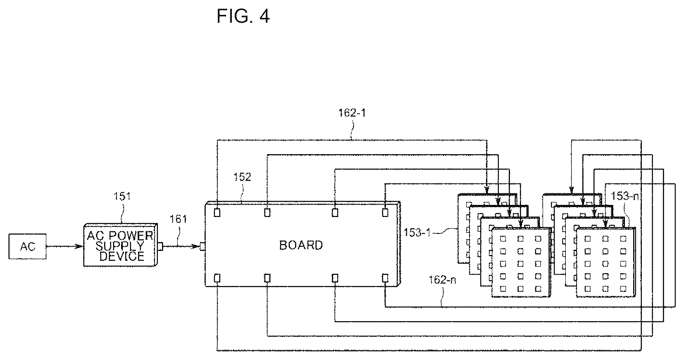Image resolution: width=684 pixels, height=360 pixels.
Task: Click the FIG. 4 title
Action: (x=243, y=16)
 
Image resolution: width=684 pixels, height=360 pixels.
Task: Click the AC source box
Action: (x=27, y=246)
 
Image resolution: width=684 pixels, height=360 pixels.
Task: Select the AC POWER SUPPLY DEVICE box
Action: (x=121, y=245)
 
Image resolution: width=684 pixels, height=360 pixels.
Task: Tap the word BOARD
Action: (x=301, y=245)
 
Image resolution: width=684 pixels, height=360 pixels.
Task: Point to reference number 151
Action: (x=122, y=196)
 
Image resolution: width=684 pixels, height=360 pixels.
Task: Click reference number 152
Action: (x=242, y=177)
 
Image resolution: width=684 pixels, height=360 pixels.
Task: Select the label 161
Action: (x=178, y=219)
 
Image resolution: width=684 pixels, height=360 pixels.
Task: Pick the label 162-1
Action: (x=352, y=113)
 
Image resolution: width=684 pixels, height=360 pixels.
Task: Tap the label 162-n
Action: (x=443, y=280)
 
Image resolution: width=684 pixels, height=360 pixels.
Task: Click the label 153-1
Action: (x=417, y=233)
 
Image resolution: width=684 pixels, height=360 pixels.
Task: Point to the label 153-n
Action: (x=624, y=196)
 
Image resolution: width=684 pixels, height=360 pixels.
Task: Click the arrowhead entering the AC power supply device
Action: (x=79, y=246)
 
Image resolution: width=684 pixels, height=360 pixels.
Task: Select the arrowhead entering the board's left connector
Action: (x=196, y=246)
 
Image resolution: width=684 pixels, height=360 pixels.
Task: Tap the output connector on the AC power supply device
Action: (x=160, y=246)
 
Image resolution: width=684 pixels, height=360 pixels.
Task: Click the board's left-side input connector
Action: (x=203, y=246)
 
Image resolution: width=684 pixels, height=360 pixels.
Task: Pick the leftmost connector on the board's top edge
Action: (x=217, y=212)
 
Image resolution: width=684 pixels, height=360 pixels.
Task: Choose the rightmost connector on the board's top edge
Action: (x=385, y=212)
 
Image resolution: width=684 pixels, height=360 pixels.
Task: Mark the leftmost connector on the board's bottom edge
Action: (x=217, y=278)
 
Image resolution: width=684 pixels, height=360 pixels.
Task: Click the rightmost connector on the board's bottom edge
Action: (x=385, y=278)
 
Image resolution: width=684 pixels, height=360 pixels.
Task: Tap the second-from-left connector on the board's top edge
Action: (x=267, y=212)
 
